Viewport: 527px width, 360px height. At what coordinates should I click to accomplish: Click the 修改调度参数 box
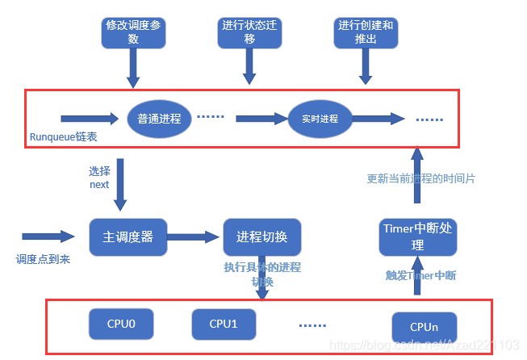point(133,31)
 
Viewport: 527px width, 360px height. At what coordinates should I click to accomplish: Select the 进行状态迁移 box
point(249,31)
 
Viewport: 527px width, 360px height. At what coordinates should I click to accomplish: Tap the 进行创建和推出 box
point(365,31)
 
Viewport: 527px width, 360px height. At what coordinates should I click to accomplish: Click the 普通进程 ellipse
point(159,118)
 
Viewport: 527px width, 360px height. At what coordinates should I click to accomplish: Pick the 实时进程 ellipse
point(321,119)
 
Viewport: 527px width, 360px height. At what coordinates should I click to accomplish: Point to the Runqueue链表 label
point(64,137)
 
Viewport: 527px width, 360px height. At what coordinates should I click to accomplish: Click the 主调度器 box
point(128,238)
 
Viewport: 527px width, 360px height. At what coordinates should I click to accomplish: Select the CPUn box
point(424,327)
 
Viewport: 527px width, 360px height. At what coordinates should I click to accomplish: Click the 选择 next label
point(99,178)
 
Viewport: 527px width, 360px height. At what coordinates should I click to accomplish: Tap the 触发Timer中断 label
point(420,275)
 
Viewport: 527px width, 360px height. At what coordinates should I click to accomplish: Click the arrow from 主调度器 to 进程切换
point(194,237)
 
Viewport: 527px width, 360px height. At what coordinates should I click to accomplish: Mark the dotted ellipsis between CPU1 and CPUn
point(312,325)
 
